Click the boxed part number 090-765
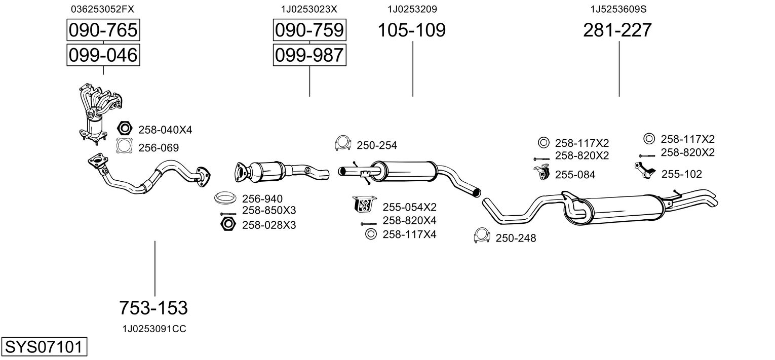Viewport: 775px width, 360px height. (x=103, y=30)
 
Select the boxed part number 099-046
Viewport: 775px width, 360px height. (x=103, y=55)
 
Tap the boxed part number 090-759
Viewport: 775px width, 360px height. (x=309, y=30)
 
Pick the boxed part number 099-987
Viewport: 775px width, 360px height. (x=309, y=55)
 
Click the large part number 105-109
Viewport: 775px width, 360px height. (x=412, y=30)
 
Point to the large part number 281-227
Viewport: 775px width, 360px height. (x=617, y=30)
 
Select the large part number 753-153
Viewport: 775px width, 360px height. (x=153, y=307)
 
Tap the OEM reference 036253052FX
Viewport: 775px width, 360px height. (x=103, y=9)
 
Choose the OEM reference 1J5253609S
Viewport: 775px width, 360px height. (x=618, y=9)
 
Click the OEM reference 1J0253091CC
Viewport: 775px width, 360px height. (x=154, y=329)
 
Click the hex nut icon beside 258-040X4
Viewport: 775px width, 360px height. (x=125, y=129)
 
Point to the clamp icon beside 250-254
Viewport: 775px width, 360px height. (x=343, y=144)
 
